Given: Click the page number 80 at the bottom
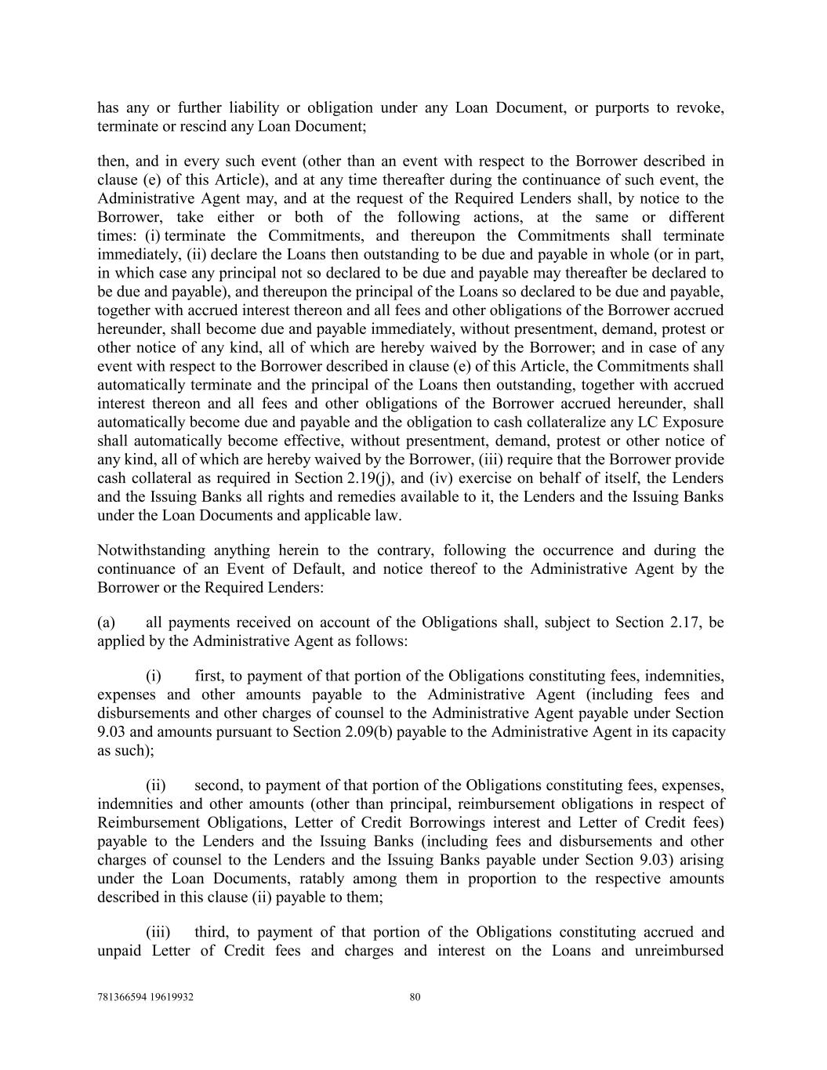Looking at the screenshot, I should [415, 997].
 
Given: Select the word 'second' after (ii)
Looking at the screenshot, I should [216, 785].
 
